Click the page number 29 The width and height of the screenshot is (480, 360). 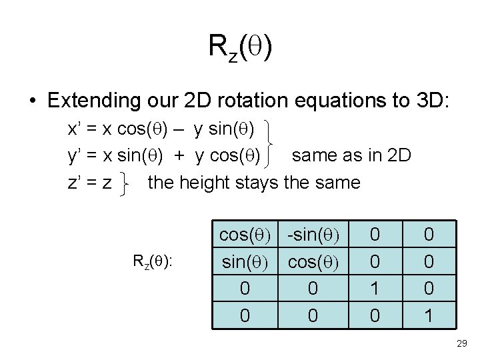click(460, 343)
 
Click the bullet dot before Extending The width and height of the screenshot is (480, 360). click(32, 101)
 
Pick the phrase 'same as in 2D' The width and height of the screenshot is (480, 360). click(352, 156)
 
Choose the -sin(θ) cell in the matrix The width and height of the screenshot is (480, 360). click(313, 235)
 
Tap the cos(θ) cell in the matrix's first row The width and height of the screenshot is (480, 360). click(245, 235)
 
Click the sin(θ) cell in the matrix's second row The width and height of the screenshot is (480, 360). click(245, 262)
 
